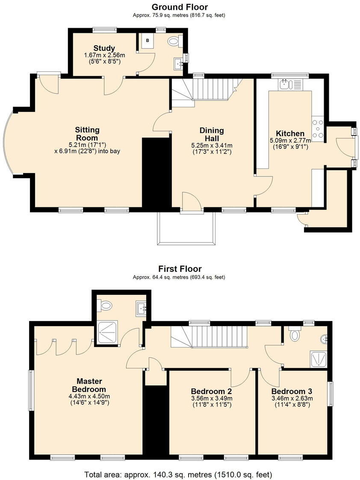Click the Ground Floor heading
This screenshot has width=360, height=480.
click(180, 7)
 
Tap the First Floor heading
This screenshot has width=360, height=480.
click(180, 269)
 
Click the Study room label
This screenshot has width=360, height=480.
click(104, 48)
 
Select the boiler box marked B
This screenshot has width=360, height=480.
click(148, 41)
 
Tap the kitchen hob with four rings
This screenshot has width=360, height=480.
click(319, 129)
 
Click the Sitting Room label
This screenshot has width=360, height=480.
click(87, 133)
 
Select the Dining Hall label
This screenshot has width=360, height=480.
click(211, 134)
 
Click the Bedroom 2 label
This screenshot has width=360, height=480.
click(211, 391)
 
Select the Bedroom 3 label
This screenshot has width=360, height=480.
click(292, 391)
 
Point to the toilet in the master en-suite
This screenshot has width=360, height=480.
click(106, 306)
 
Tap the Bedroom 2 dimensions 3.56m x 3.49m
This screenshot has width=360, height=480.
click(211, 399)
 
